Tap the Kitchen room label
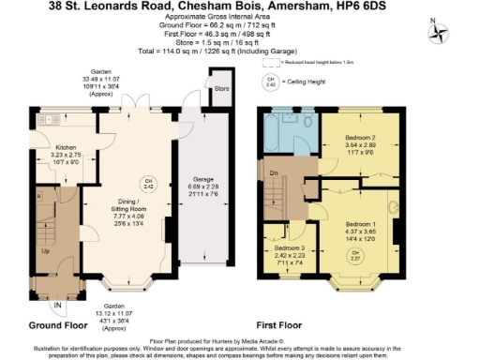click(65, 147)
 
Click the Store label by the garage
click(221, 90)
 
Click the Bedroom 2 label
click(360, 138)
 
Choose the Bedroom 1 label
click(361, 225)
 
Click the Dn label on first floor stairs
click(273, 172)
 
